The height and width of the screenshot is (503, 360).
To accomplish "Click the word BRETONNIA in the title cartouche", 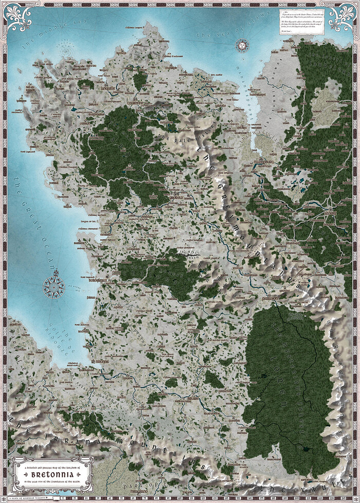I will coord(52,474).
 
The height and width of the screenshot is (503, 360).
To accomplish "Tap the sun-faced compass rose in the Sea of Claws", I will coord(240,46).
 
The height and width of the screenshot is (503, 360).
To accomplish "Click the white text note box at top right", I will coord(302,21).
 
